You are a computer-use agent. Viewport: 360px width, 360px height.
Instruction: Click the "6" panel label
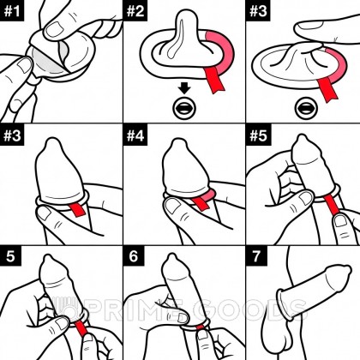(x=133, y=256)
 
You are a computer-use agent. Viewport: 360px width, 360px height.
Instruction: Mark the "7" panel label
(x=255, y=256)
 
